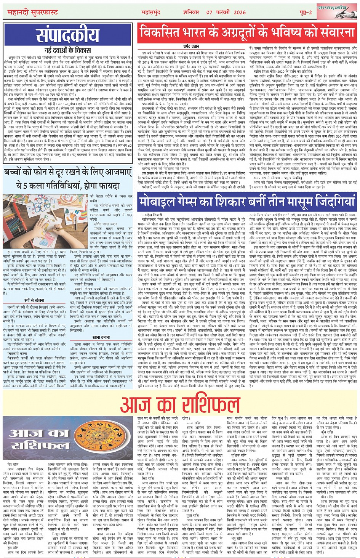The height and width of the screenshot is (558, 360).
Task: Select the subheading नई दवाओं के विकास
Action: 68,50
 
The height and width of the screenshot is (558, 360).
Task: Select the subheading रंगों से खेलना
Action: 34,300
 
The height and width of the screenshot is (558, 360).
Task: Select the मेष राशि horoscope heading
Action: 15,464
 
